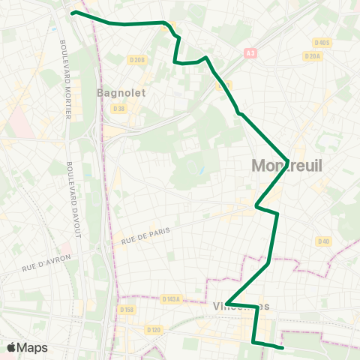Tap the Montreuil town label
click(286, 166)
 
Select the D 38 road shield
click(119, 108)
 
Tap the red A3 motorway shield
click(250, 53)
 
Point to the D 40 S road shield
click(322, 43)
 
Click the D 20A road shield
click(313, 56)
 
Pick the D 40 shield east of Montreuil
click(323, 241)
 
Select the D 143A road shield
click(171, 298)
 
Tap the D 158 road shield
click(125, 309)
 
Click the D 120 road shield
click(154, 329)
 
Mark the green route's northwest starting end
click(73, 12)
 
